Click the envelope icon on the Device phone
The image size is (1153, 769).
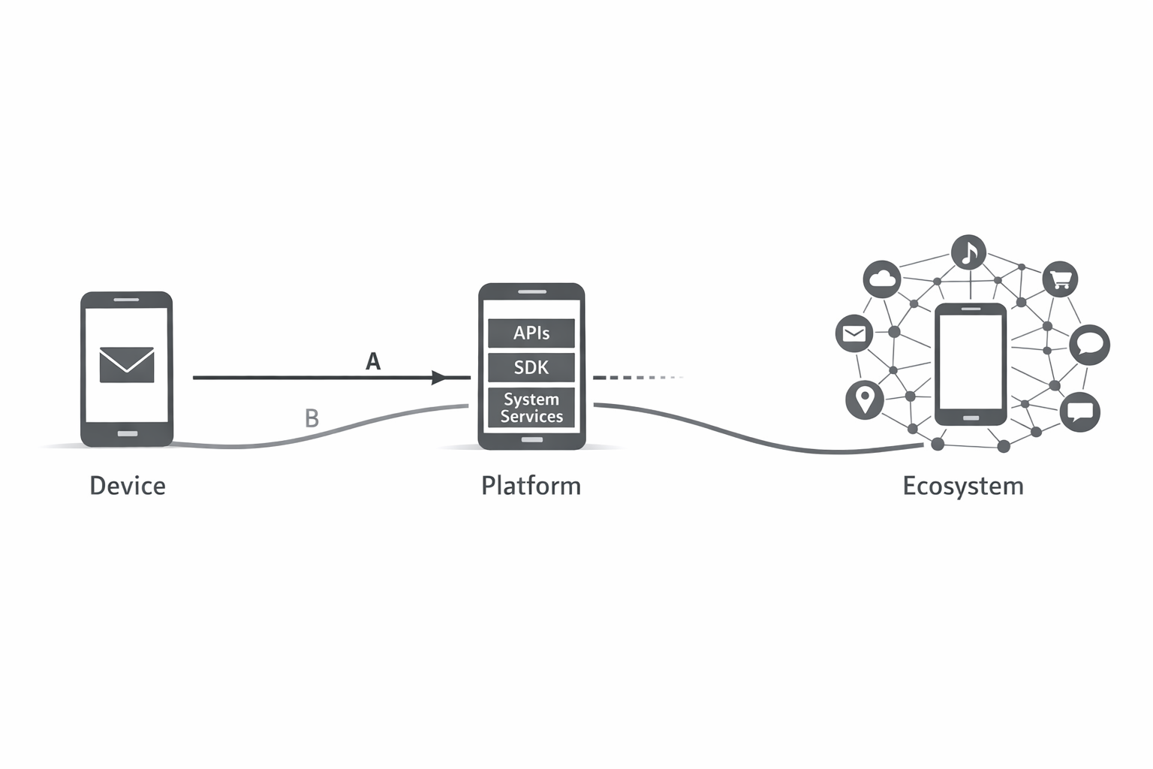pyautogui.click(x=127, y=364)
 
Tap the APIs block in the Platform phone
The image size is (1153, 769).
pyautogui.click(x=531, y=333)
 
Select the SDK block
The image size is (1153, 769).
pyautogui.click(x=531, y=367)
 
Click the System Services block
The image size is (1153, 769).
pyautogui.click(x=531, y=408)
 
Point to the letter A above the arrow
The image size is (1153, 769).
pyautogui.click(x=373, y=362)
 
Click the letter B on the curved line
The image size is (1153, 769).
pyautogui.click(x=312, y=418)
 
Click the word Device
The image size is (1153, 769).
pyautogui.click(x=128, y=486)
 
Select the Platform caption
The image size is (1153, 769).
pyautogui.click(x=531, y=486)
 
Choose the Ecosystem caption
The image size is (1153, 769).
pyautogui.click(x=963, y=486)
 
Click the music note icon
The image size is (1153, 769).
pyautogui.click(x=969, y=252)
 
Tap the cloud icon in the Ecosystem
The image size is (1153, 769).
pyautogui.click(x=882, y=279)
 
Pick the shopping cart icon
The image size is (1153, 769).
pyautogui.click(x=1060, y=279)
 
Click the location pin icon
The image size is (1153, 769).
pyautogui.click(x=865, y=399)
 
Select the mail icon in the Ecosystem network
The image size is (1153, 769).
pyautogui.click(x=854, y=333)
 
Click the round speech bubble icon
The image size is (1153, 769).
pyautogui.click(x=1089, y=345)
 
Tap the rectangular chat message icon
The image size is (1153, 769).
pyautogui.click(x=1081, y=412)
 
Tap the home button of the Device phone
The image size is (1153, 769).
pyautogui.click(x=127, y=434)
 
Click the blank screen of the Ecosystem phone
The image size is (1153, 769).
pyautogui.click(x=970, y=361)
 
